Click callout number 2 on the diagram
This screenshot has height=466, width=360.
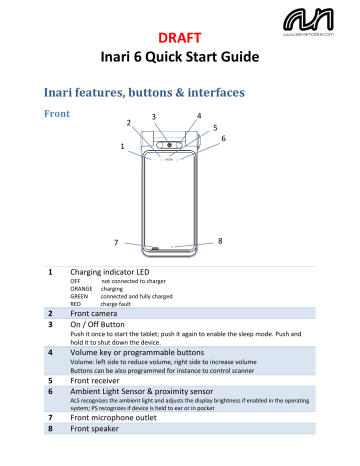[x=128, y=122]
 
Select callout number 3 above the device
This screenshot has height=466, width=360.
[x=153, y=116]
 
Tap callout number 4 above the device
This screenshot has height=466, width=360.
[x=201, y=116]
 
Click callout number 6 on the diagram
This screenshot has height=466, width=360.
[x=223, y=139]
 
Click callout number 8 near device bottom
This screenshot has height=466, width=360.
[x=220, y=241]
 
